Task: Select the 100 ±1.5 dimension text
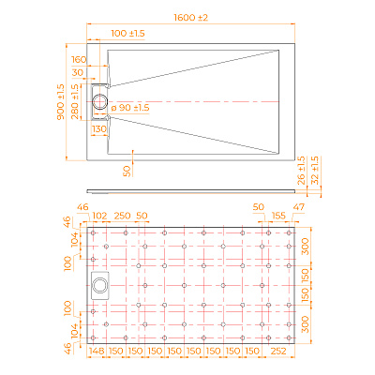(x=127, y=33)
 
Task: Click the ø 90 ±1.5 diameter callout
(x=130, y=109)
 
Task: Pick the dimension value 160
(x=78, y=58)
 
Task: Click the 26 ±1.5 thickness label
(x=301, y=169)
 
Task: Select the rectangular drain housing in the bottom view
(x=101, y=285)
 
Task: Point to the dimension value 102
(x=99, y=216)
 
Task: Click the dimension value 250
(x=122, y=216)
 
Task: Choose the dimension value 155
(x=278, y=216)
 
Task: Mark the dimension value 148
(x=97, y=353)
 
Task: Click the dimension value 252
(x=279, y=353)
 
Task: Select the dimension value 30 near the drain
(x=77, y=72)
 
